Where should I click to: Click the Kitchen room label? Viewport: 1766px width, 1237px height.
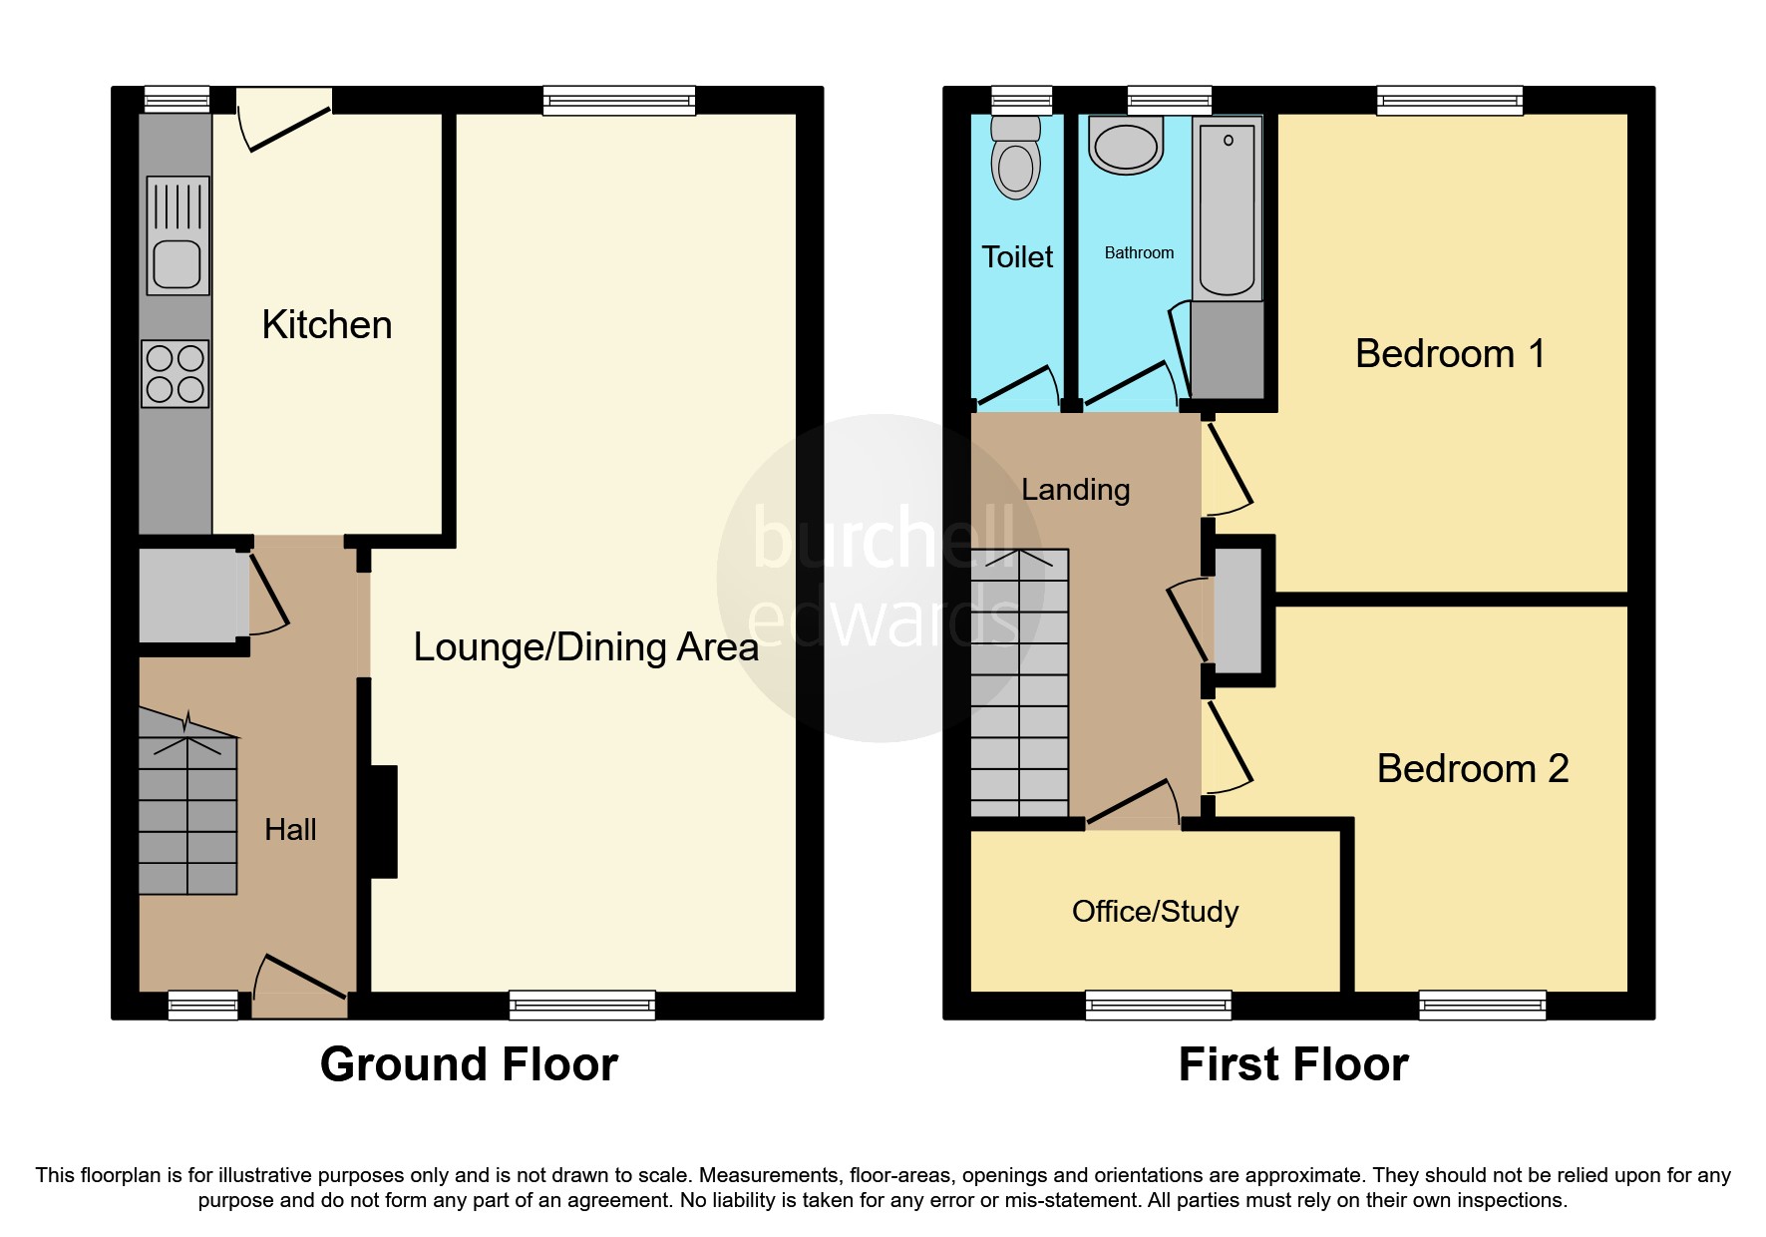pos(326,325)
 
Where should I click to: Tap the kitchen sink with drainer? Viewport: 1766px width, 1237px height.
pos(177,236)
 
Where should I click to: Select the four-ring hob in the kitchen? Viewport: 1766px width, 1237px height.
pos(176,374)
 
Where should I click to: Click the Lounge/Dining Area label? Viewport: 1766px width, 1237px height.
pos(585,647)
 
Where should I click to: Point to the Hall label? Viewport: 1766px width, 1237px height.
pos(290,829)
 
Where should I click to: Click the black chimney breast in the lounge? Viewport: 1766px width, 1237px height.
pos(384,821)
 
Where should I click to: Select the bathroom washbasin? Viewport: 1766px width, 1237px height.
pos(1126,146)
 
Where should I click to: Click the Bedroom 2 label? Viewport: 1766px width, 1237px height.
pos(1472,769)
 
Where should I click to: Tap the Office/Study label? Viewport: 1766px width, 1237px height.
pos(1155,912)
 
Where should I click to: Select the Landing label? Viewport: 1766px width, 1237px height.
pos(1075,490)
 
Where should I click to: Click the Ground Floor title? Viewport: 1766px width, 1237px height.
pos(469,1064)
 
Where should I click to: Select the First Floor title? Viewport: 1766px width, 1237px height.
pos(1292,1064)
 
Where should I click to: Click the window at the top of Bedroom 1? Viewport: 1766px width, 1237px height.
pos(1449,100)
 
